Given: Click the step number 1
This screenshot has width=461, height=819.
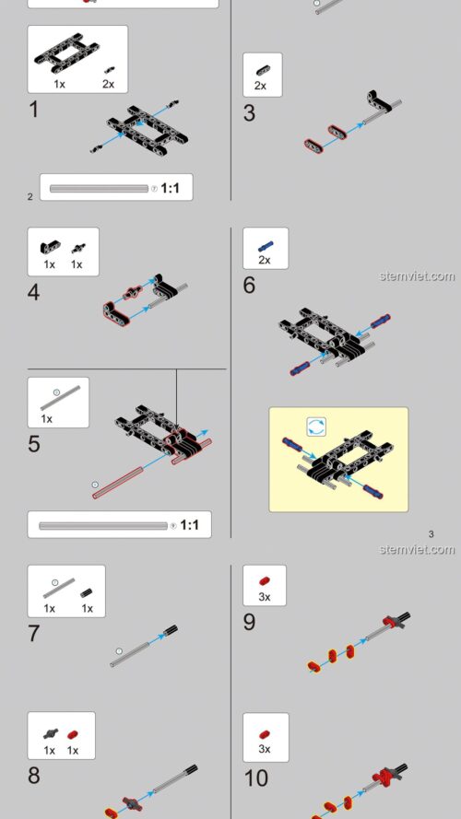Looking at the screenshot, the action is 33,110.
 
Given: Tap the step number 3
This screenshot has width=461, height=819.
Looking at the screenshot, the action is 249,113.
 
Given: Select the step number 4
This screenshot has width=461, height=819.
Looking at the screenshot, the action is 33,292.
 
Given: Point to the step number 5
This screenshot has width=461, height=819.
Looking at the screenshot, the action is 34,444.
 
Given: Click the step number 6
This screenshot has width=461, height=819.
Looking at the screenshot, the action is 249,286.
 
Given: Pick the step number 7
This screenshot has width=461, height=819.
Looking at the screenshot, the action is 34,634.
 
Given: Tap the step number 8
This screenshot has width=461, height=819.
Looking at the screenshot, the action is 34,776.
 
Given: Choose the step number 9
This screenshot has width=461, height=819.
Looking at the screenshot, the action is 249,622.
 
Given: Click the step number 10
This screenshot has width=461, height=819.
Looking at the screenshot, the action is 256,778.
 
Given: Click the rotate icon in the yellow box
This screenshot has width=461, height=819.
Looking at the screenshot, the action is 316,427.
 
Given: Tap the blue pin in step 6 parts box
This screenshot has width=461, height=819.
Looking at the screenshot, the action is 265,246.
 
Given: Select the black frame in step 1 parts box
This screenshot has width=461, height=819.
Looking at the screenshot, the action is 66,53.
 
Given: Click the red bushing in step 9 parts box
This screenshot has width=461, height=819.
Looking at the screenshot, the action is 265,580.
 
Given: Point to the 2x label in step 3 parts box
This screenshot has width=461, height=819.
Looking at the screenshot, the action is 260,86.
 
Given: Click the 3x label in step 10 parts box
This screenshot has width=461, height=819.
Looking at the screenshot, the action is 265,749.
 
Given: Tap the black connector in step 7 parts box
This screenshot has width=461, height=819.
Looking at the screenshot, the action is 87,592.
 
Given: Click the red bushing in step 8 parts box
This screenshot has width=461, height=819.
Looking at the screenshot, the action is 73,735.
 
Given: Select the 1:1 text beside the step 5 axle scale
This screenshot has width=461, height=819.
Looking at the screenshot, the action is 189,524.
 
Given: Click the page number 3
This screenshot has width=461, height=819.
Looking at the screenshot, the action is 431,533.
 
